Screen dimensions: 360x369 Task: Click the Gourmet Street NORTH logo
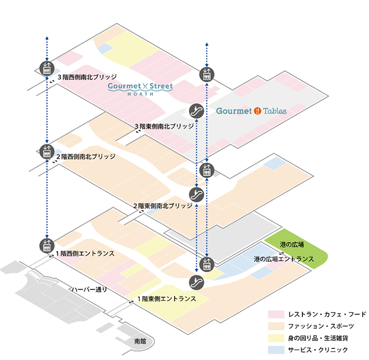click(140, 88)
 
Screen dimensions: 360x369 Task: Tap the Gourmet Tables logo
click(251, 111)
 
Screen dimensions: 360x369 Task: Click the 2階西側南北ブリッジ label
click(86, 157)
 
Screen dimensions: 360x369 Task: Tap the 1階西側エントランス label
click(85, 253)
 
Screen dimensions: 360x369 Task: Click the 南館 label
click(139, 342)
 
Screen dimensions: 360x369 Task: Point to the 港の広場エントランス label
click(284, 259)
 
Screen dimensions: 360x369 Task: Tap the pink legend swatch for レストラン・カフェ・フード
click(276, 314)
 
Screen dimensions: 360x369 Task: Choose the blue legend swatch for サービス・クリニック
click(276, 349)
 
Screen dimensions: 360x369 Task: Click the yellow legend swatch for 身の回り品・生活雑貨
click(276, 338)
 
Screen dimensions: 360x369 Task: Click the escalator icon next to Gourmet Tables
click(196, 111)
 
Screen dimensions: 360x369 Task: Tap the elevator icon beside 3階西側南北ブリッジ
click(47, 68)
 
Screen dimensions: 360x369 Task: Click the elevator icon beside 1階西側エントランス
click(47, 245)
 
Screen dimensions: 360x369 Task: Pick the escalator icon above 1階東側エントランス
click(196, 281)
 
